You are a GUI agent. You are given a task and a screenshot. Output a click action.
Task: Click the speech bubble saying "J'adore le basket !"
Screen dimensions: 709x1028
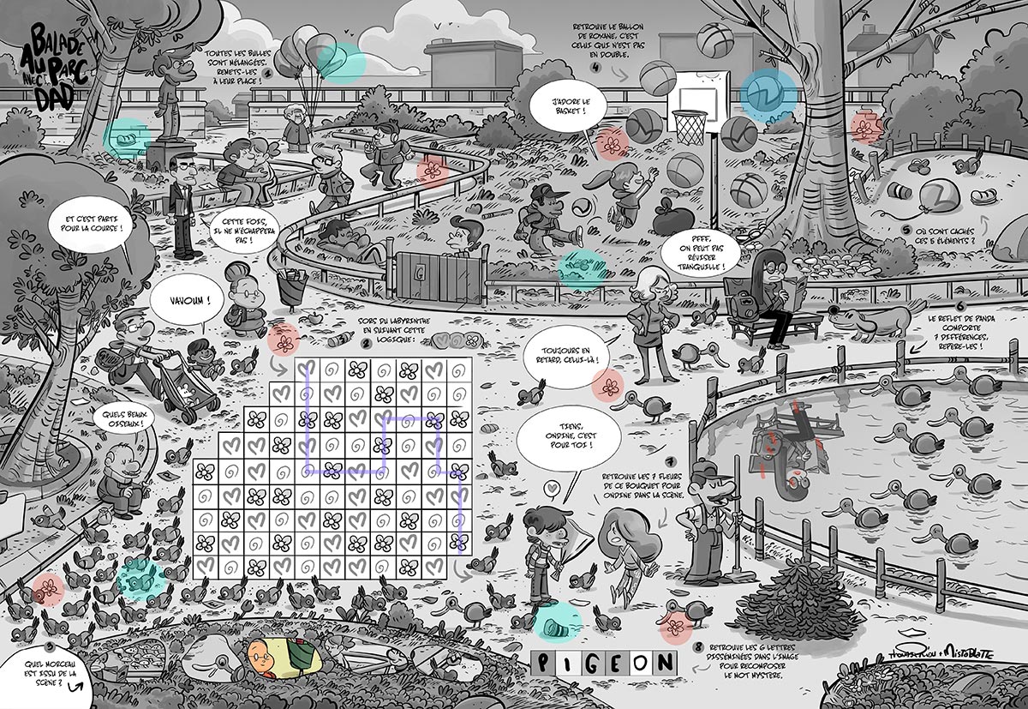point(563,107)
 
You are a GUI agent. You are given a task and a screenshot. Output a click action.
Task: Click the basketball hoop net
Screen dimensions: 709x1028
point(690,126)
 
